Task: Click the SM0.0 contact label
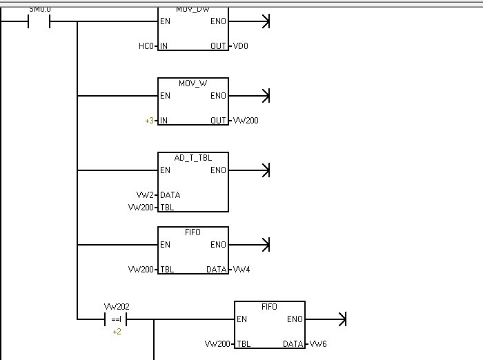point(40,8)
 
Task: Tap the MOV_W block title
point(193,83)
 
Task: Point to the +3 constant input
point(149,121)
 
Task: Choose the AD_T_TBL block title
point(193,158)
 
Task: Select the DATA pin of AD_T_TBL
point(170,195)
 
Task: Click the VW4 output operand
point(241,269)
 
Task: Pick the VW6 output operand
point(317,343)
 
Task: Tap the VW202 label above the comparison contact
point(117,306)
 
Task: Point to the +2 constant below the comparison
point(117,332)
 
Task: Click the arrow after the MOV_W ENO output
point(265,96)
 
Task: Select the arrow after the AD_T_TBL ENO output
point(265,170)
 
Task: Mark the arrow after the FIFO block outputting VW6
point(341,319)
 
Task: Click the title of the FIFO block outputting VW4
point(193,232)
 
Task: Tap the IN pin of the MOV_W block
point(164,121)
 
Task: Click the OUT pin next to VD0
point(218,46)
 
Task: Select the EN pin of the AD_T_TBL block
point(166,170)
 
